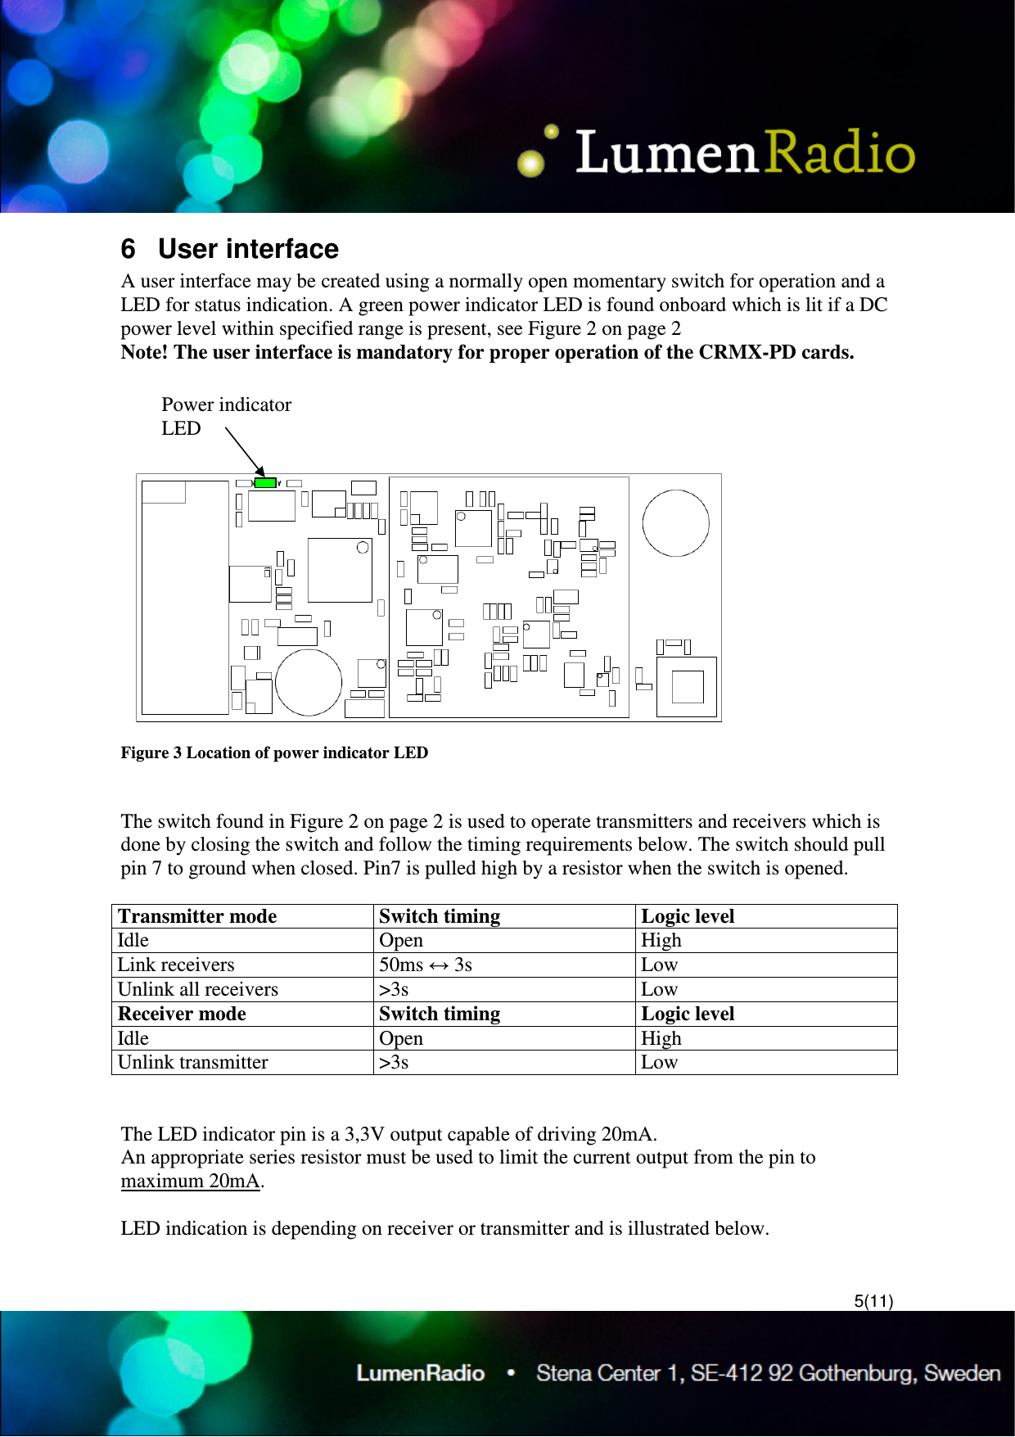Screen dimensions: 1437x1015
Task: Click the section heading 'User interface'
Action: click(x=247, y=249)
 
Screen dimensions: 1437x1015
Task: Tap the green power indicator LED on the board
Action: click(x=264, y=483)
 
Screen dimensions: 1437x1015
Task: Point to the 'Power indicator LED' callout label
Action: click(x=225, y=416)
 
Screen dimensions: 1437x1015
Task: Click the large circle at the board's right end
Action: click(x=675, y=523)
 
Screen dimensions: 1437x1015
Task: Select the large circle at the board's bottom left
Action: click(x=309, y=682)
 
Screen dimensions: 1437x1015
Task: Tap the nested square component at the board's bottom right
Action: click(x=687, y=687)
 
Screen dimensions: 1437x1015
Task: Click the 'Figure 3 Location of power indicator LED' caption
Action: click(x=274, y=752)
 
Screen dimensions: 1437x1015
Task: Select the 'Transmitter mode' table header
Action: click(x=197, y=916)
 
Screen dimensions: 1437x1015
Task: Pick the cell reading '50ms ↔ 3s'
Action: click(x=425, y=965)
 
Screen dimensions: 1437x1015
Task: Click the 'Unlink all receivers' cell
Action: click(x=198, y=989)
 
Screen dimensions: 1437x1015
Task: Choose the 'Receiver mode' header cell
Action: click(x=182, y=1014)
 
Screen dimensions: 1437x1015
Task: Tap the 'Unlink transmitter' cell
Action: click(x=192, y=1062)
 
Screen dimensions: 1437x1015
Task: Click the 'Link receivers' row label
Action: click(x=175, y=965)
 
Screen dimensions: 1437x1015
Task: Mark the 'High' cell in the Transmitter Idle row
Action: click(x=661, y=940)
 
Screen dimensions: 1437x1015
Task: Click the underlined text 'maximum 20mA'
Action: click(x=190, y=1181)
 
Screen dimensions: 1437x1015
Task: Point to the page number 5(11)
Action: click(x=873, y=1301)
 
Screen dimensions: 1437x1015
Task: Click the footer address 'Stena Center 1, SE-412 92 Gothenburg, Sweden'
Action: click(x=768, y=1373)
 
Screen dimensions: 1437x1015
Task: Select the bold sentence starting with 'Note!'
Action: click(x=487, y=352)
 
